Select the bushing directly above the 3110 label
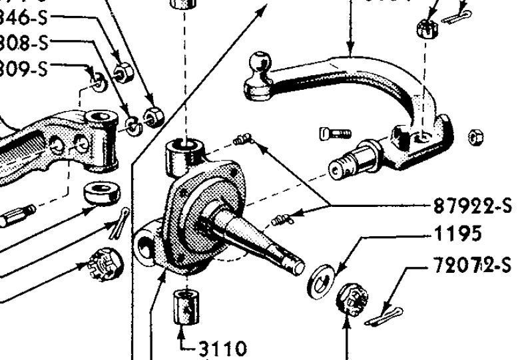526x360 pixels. tap(186, 306)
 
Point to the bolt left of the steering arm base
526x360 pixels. tap(334, 132)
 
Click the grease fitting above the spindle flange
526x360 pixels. tap(242, 139)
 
